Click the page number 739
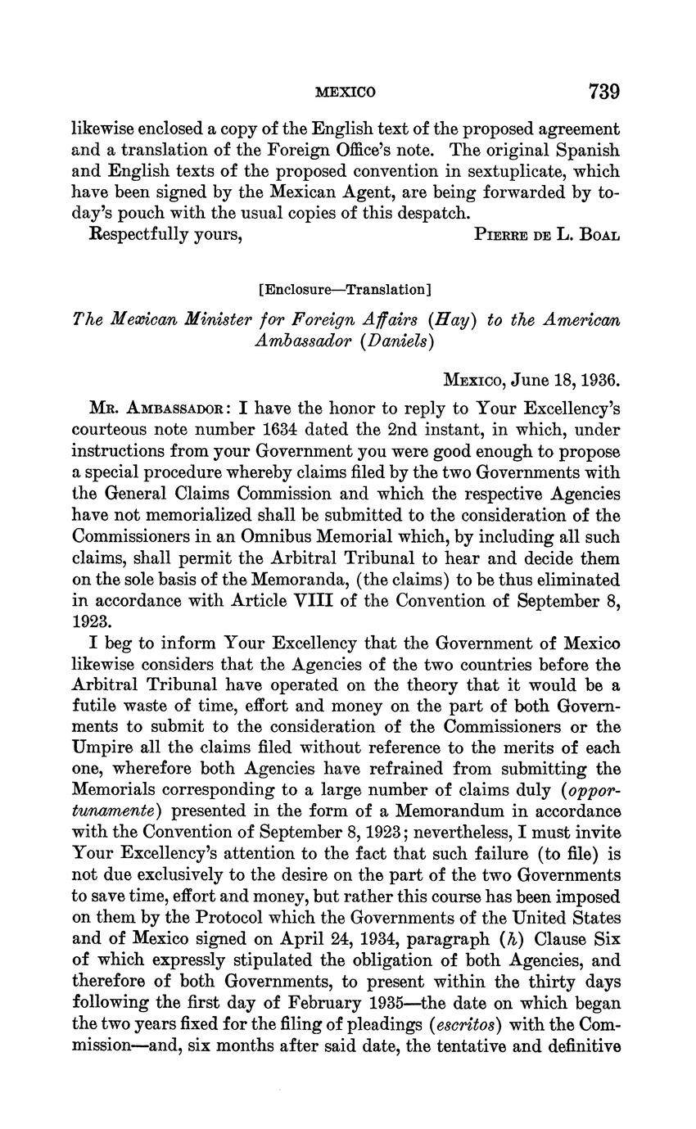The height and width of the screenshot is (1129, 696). (x=603, y=91)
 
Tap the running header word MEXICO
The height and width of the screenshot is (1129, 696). (x=346, y=93)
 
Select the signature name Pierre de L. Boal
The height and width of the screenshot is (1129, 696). (x=546, y=236)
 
